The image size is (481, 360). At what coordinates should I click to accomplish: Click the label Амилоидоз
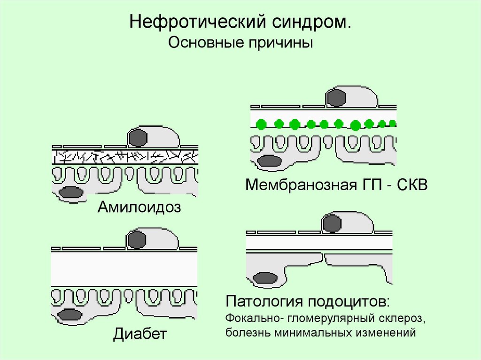click(139, 207)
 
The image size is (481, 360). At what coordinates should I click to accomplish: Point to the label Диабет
click(140, 335)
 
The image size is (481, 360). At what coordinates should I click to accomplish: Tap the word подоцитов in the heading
click(349, 301)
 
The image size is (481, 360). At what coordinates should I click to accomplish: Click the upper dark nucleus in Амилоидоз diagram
click(138, 138)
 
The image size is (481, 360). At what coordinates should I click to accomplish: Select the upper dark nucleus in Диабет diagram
click(138, 239)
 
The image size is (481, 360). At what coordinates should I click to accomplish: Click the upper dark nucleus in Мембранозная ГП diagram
click(336, 97)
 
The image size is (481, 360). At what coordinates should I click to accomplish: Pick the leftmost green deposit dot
click(262, 124)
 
